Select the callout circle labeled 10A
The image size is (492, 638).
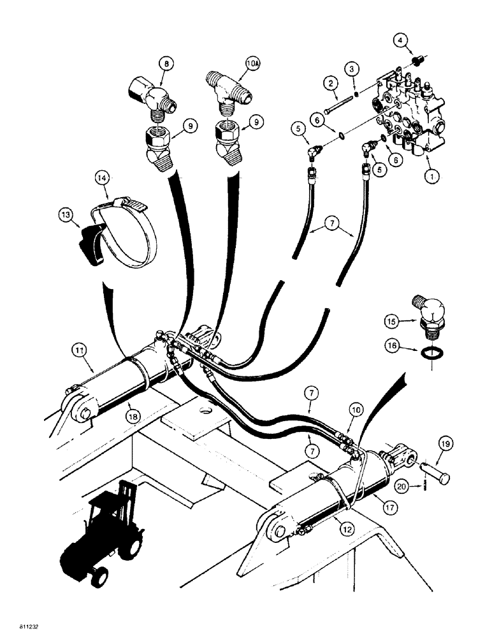252,64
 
